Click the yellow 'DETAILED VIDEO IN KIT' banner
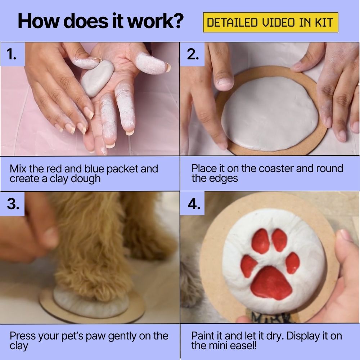click(x=271, y=22)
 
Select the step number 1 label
click(x=12, y=55)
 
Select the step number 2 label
click(x=193, y=55)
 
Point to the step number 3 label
click(x=13, y=204)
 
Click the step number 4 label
click(x=194, y=204)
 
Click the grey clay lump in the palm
click(x=97, y=78)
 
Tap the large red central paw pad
click(x=271, y=283)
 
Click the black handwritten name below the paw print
click(x=271, y=318)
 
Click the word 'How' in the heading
click(x=38, y=21)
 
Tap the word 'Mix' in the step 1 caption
click(x=18, y=169)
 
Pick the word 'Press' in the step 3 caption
click(x=22, y=336)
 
